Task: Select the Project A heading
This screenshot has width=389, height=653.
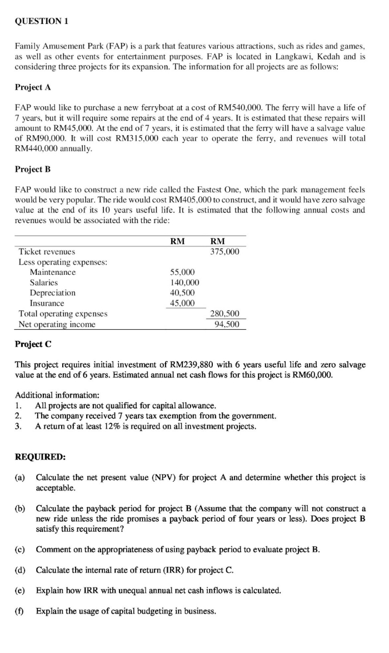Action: point(33,88)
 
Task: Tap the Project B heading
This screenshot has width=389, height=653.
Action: point(33,169)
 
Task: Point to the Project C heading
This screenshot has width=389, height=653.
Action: point(33,344)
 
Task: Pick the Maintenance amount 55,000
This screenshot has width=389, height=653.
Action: point(182,272)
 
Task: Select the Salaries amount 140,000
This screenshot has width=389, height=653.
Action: point(184,283)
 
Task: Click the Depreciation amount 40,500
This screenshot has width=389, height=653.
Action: point(182,293)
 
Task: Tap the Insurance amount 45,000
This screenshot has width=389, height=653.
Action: point(182,303)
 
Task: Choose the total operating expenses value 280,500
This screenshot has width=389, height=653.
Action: point(225,314)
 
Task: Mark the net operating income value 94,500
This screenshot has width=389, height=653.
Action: point(227,324)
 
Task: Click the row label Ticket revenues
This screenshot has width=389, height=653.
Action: point(47,251)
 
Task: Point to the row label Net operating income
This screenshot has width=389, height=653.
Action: point(57,324)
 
